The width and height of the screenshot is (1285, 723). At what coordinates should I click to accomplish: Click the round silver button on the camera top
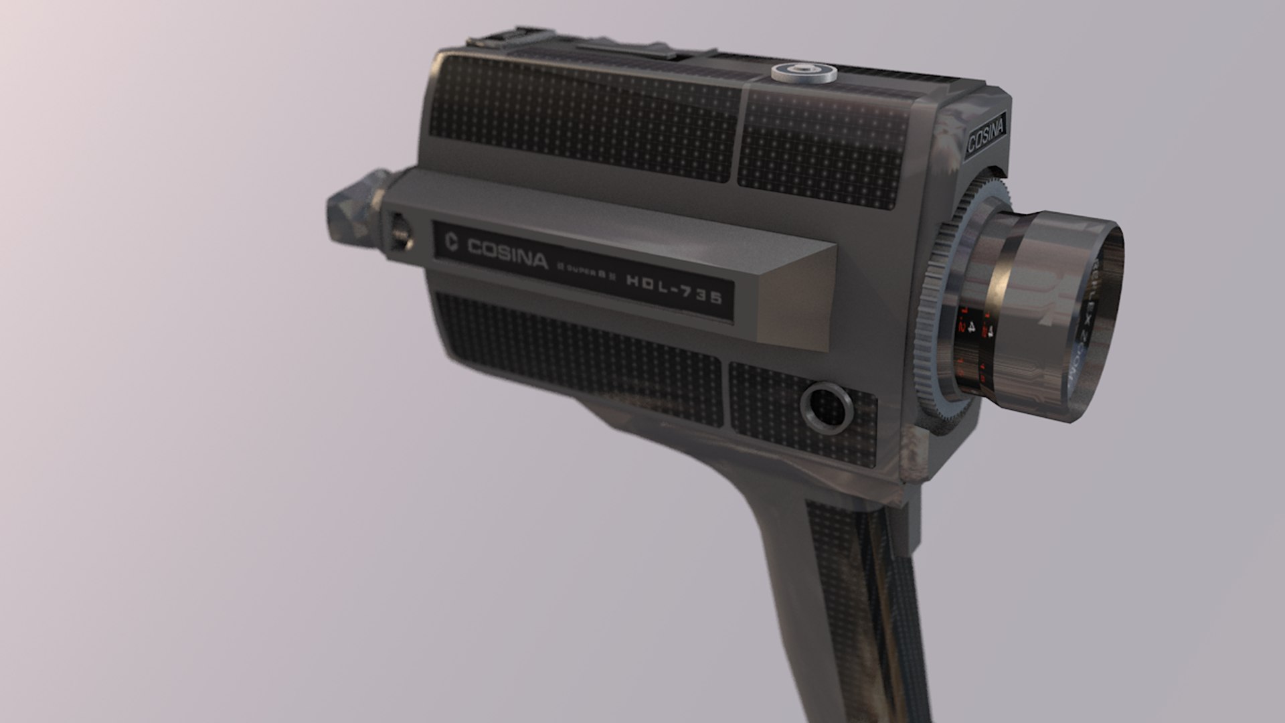click(804, 72)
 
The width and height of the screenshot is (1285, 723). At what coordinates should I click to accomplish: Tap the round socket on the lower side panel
click(827, 406)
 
